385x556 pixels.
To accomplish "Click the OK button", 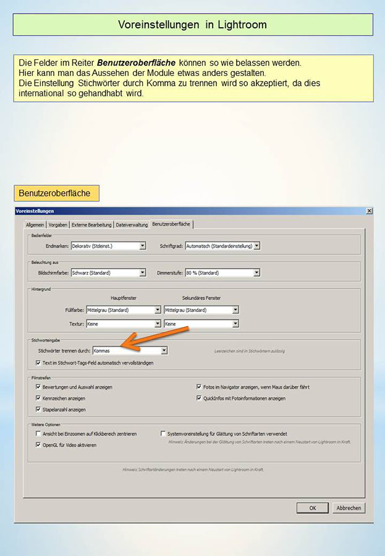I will [312, 508].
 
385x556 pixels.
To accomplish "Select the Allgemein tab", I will [35, 224].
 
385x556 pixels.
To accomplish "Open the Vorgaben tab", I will [58, 224].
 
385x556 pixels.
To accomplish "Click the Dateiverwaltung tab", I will [132, 224].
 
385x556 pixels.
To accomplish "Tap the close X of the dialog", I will [369, 211].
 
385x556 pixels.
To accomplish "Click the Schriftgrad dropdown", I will [222, 246].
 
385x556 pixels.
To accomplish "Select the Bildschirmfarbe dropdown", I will [108, 272].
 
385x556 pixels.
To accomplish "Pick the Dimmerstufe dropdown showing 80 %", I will [222, 272].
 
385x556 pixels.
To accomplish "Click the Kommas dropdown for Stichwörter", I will [130, 351].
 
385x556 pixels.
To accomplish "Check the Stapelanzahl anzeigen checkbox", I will [38, 409].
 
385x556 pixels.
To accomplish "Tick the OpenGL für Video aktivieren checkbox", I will [38, 444].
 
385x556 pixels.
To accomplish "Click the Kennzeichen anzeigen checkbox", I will [38, 398].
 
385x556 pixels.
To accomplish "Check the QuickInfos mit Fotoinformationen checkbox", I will [199, 398].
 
